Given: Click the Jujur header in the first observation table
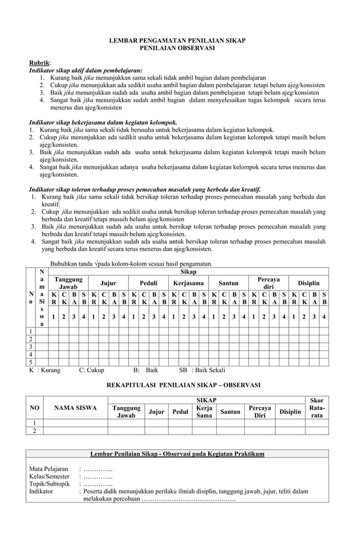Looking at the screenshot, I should click(x=109, y=283).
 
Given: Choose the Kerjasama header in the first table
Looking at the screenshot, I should click(x=188, y=283).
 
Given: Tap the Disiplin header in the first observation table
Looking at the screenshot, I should click(x=308, y=283).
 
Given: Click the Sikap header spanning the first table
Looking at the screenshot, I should click(x=188, y=272).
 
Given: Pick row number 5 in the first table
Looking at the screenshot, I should click(x=31, y=362).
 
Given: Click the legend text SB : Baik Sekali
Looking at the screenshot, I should click(x=201, y=370).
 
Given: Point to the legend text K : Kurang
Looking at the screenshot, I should click(x=45, y=370).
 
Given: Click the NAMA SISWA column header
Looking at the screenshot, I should click(x=75, y=408).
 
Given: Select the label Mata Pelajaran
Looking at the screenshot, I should click(x=49, y=469).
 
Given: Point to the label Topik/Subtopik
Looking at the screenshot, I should click(x=49, y=484).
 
